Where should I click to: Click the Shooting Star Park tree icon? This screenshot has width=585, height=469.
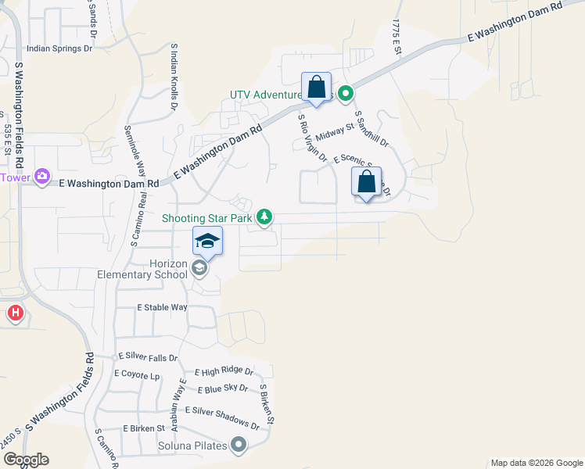coord(265,217)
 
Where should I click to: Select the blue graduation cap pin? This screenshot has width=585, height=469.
coord(208,241)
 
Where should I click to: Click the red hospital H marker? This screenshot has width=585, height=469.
coord(15,315)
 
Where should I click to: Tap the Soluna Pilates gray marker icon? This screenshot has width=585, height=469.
coord(239,446)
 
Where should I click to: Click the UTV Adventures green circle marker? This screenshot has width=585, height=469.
coord(346,95)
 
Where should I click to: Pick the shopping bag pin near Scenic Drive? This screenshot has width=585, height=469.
coord(366,182)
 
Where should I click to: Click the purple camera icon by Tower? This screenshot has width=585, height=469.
coord(42,177)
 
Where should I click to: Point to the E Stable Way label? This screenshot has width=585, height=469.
coord(162,308)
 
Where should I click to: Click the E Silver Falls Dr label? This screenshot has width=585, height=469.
coord(148,357)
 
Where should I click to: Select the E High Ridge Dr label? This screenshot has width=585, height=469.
coord(224,372)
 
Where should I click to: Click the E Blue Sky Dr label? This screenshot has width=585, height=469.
coord(223,388)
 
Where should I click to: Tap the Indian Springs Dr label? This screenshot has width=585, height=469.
coord(59,48)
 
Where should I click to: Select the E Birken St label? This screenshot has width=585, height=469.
coord(144,428)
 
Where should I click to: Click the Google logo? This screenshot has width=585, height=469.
coord(25,460)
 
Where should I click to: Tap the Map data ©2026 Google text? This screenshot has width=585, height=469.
coord(535,463)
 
